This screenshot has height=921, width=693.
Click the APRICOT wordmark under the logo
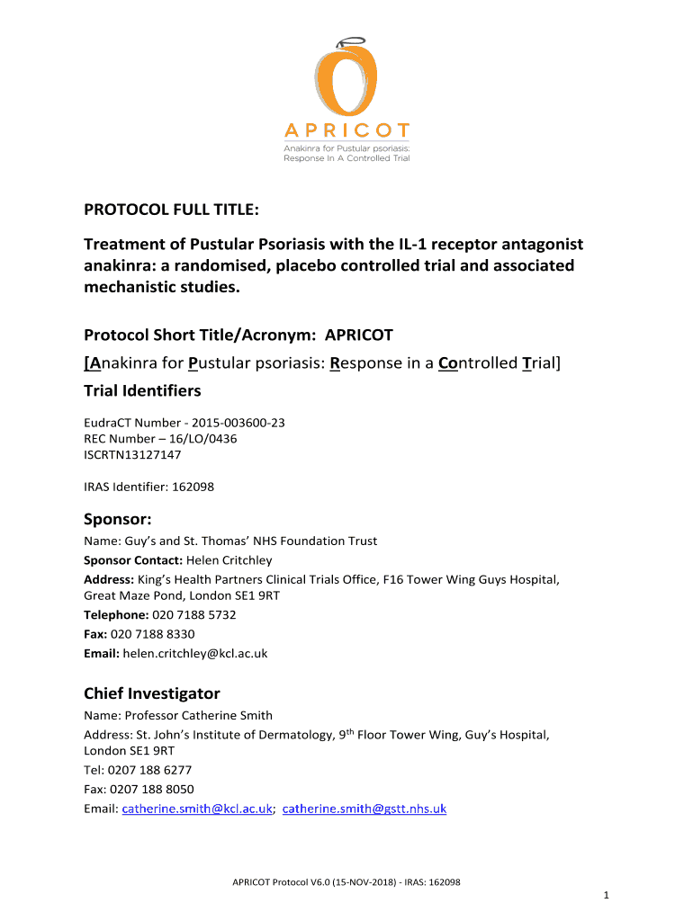pos(346,131)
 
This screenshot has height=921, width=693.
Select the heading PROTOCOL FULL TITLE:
pos(172,210)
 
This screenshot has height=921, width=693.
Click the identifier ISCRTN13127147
pos(131,454)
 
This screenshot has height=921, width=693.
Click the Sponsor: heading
pos(118,519)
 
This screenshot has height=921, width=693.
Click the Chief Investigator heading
pos(152,693)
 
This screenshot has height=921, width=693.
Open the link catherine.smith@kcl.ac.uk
pos(197,809)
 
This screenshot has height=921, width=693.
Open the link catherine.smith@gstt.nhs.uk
pos(364,809)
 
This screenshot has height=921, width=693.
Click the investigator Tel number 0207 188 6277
pos(149,770)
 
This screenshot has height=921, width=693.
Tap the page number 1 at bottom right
pos(607,895)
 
